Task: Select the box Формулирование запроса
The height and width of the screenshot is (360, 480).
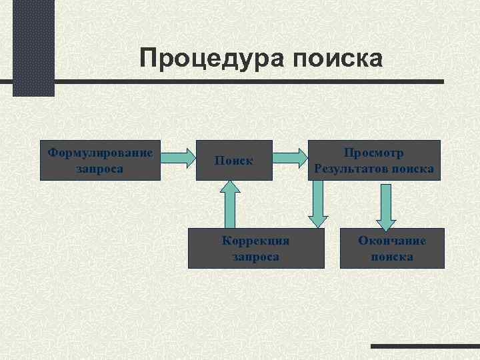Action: [x=101, y=160]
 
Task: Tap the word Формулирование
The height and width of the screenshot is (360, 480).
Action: [x=101, y=153]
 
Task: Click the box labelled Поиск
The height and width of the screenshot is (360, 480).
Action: [x=233, y=160]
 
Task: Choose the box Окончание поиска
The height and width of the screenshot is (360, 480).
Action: [x=392, y=249]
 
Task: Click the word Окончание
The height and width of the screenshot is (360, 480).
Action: [x=392, y=241]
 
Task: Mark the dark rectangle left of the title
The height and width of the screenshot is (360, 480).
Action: [x=33, y=48]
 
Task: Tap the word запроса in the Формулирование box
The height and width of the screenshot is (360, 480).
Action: [x=101, y=169]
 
